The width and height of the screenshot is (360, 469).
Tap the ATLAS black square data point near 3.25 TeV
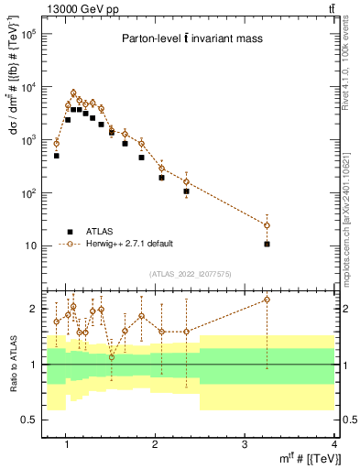tap(267, 244)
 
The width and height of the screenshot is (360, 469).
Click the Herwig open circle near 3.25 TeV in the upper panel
tap(267, 225)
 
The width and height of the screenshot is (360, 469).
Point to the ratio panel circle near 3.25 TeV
tap(267, 300)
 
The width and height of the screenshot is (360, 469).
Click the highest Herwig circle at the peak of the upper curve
tap(73, 93)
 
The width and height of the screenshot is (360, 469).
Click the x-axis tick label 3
tap(245, 444)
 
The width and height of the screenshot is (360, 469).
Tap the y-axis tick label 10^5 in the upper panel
tap(29, 34)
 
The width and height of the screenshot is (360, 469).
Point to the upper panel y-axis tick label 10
tap(31, 246)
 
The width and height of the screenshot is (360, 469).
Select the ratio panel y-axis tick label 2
tap(35, 309)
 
